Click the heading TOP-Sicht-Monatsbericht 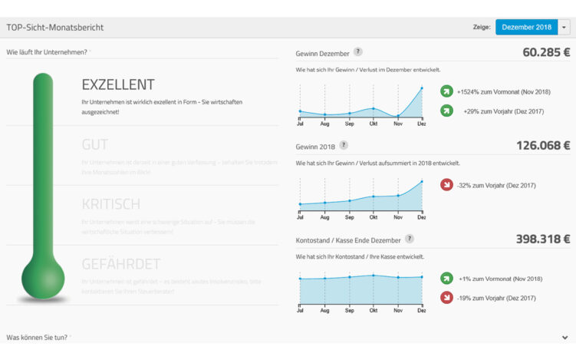tap(55, 28)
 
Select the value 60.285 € tap(546, 53)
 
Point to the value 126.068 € tap(542, 145)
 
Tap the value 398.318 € tap(542, 239)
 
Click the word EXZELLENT tap(118, 84)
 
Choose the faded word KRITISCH tap(110, 204)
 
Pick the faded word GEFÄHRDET tap(120, 264)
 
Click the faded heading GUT tap(94, 144)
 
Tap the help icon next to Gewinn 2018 tap(344, 145)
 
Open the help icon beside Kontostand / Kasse tap(410, 239)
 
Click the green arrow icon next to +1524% tap(446, 92)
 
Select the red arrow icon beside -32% tap(446, 185)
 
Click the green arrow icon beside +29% tap(446, 111)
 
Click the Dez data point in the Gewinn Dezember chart tap(421, 88)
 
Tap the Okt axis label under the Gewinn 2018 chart tap(374, 217)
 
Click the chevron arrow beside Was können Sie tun tap(564, 337)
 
